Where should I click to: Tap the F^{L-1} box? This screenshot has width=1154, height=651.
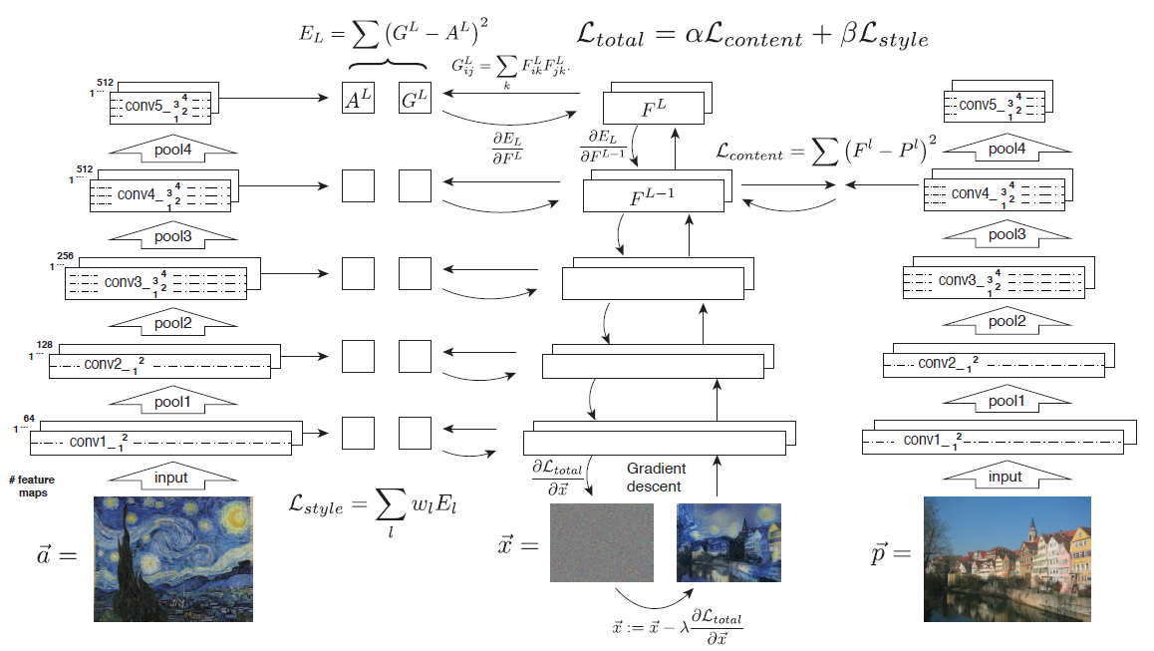click(653, 195)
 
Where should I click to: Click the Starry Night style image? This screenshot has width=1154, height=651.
click(172, 559)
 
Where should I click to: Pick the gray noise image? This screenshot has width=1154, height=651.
click(601, 542)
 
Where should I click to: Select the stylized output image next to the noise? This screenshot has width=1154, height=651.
click(728, 542)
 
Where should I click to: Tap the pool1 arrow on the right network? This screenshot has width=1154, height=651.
click(1005, 401)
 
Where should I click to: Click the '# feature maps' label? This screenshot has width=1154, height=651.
click(29, 486)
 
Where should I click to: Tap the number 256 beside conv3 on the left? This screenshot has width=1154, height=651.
click(66, 256)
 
